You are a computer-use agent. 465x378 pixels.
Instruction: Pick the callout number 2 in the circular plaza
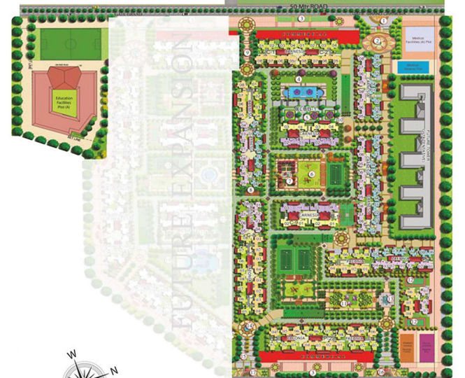click(x=377, y=41)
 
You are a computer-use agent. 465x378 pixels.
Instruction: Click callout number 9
click(x=247, y=53)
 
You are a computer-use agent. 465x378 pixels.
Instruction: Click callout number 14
click(x=250, y=325)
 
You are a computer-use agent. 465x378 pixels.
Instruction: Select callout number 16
click(x=382, y=372)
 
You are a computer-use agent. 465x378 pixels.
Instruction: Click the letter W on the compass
click(x=72, y=354)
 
